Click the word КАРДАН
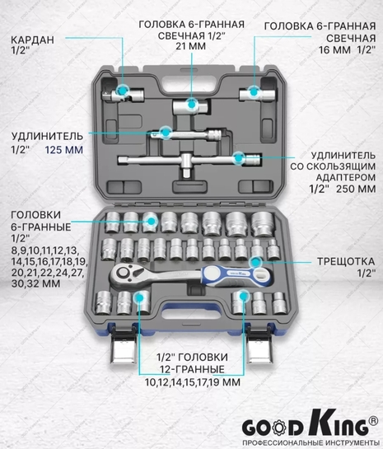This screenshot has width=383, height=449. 32,40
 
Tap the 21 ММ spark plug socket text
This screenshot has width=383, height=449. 190,46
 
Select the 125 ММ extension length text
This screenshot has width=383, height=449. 64,149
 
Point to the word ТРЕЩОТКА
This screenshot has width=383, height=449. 346,261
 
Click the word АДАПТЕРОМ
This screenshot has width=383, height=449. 346,177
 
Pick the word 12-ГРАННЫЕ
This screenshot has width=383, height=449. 192,369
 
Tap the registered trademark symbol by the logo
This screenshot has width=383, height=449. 372,421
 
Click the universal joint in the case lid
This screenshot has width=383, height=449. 123,95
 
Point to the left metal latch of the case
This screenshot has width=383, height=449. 123,347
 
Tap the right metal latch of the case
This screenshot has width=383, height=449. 259,347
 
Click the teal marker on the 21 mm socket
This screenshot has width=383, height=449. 191,105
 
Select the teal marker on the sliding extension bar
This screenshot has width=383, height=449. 238,158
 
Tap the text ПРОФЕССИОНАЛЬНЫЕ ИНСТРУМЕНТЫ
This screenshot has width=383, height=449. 309,443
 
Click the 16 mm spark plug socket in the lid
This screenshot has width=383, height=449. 257,95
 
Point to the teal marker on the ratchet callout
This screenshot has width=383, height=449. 255,262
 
